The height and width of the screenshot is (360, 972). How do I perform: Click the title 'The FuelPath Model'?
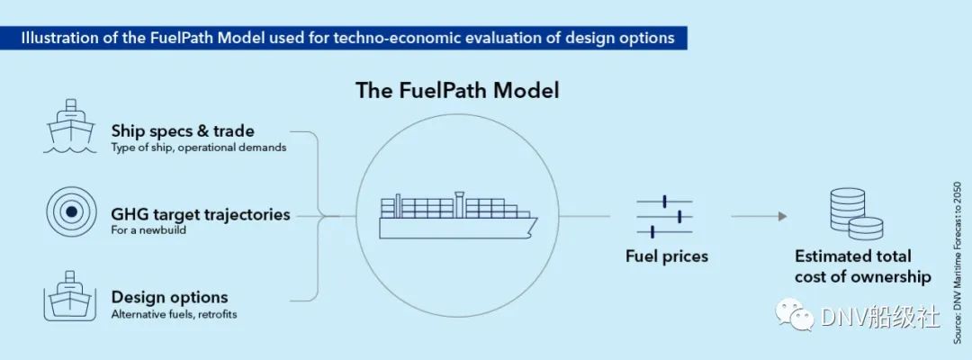pyautogui.click(x=457, y=91)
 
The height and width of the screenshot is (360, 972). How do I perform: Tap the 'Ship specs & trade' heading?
pyautogui.click(x=183, y=131)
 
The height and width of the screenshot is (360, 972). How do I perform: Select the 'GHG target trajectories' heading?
pyautogui.click(x=201, y=214)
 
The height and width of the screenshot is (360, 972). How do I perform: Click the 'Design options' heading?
pyautogui.click(x=170, y=297)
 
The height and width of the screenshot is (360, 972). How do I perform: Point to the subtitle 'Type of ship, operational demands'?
pyautogui.click(x=199, y=148)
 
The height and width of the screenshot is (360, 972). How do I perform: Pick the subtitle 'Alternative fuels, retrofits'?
pyautogui.click(x=175, y=314)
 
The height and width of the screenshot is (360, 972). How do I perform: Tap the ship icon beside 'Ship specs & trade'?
pyautogui.click(x=70, y=126)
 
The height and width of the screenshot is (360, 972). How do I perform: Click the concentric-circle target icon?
pyautogui.click(x=71, y=211)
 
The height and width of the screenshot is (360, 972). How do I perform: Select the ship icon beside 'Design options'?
pyautogui.click(x=70, y=295)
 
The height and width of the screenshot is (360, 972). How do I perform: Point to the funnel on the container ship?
pyautogui.click(x=459, y=204)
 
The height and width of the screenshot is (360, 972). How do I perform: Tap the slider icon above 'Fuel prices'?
pyautogui.click(x=664, y=217)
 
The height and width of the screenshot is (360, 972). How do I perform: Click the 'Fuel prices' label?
pyautogui.click(x=666, y=256)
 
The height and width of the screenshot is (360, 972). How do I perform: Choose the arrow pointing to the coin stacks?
pyautogui.click(x=759, y=216)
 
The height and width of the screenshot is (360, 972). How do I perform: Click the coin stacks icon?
pyautogui.click(x=857, y=214)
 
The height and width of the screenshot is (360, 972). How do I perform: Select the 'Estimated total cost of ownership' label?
pyautogui.click(x=863, y=266)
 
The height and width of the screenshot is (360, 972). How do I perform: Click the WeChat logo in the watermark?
pyautogui.click(x=796, y=315)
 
